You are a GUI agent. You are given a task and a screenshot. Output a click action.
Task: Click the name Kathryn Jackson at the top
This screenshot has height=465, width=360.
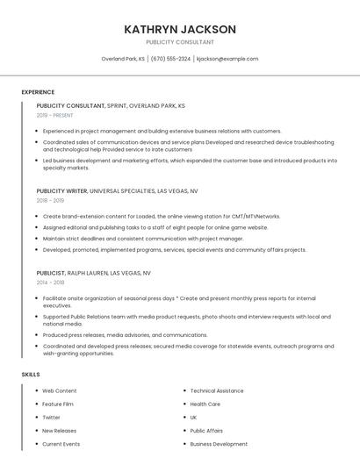(x=180, y=29)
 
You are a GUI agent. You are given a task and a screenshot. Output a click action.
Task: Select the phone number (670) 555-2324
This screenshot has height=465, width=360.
(x=170, y=59)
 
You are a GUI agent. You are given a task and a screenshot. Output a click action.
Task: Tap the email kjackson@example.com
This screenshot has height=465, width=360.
(x=227, y=59)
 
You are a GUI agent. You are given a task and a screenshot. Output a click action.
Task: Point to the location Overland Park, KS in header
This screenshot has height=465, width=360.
(x=123, y=59)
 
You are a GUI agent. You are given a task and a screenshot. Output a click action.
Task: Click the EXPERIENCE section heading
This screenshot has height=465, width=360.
(x=38, y=92)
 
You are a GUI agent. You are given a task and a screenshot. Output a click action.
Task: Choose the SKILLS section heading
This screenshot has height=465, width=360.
(x=31, y=375)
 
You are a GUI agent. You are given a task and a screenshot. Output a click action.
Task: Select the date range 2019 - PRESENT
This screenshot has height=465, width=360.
(x=55, y=115)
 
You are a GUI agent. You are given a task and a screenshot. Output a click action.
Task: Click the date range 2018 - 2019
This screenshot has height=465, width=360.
(x=51, y=200)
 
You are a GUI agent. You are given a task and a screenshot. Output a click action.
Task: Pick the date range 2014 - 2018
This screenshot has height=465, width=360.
(x=51, y=283)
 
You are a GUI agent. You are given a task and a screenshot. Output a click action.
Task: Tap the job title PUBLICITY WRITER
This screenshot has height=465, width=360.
(x=61, y=190)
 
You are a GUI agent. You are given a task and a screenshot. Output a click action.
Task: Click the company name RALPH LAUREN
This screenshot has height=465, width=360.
(x=88, y=273)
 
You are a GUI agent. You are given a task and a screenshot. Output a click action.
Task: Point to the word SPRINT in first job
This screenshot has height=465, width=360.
(x=116, y=105)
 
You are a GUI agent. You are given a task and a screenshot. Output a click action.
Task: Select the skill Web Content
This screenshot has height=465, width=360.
(x=60, y=390)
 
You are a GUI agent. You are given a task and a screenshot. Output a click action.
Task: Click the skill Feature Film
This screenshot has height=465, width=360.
(x=58, y=404)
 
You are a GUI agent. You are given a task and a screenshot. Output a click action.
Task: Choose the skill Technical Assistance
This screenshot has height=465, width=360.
(x=217, y=390)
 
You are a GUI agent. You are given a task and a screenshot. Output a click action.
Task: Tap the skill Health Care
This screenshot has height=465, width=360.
(x=205, y=404)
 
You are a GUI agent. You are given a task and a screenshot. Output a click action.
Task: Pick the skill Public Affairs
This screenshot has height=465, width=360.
(x=206, y=431)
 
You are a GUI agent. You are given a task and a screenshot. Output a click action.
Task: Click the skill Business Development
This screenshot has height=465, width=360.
(x=219, y=444)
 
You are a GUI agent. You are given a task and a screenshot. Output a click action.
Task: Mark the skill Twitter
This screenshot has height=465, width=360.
(x=52, y=418)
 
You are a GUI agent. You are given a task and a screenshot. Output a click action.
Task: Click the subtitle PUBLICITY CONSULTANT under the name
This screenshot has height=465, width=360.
(x=180, y=42)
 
